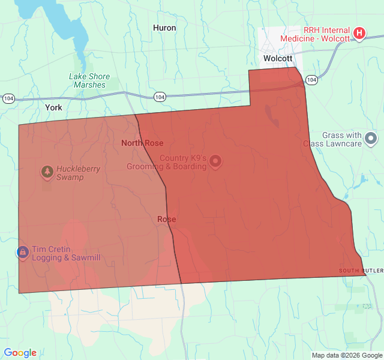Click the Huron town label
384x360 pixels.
(164, 28)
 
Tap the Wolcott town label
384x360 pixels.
(278, 58)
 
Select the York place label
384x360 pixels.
(53, 107)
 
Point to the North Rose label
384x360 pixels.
(142, 143)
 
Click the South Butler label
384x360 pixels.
(360, 271)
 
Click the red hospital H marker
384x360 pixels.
(359, 32)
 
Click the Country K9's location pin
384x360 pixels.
(215, 161)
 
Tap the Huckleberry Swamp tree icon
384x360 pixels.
(47, 172)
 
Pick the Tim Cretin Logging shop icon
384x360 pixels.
(22, 251)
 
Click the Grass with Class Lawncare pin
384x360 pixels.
(371, 139)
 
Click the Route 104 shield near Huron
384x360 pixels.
(159, 97)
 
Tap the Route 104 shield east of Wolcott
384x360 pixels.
(311, 79)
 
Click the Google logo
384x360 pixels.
(20, 353)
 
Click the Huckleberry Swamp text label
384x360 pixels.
(79, 173)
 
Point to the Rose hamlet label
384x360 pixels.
(166, 219)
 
